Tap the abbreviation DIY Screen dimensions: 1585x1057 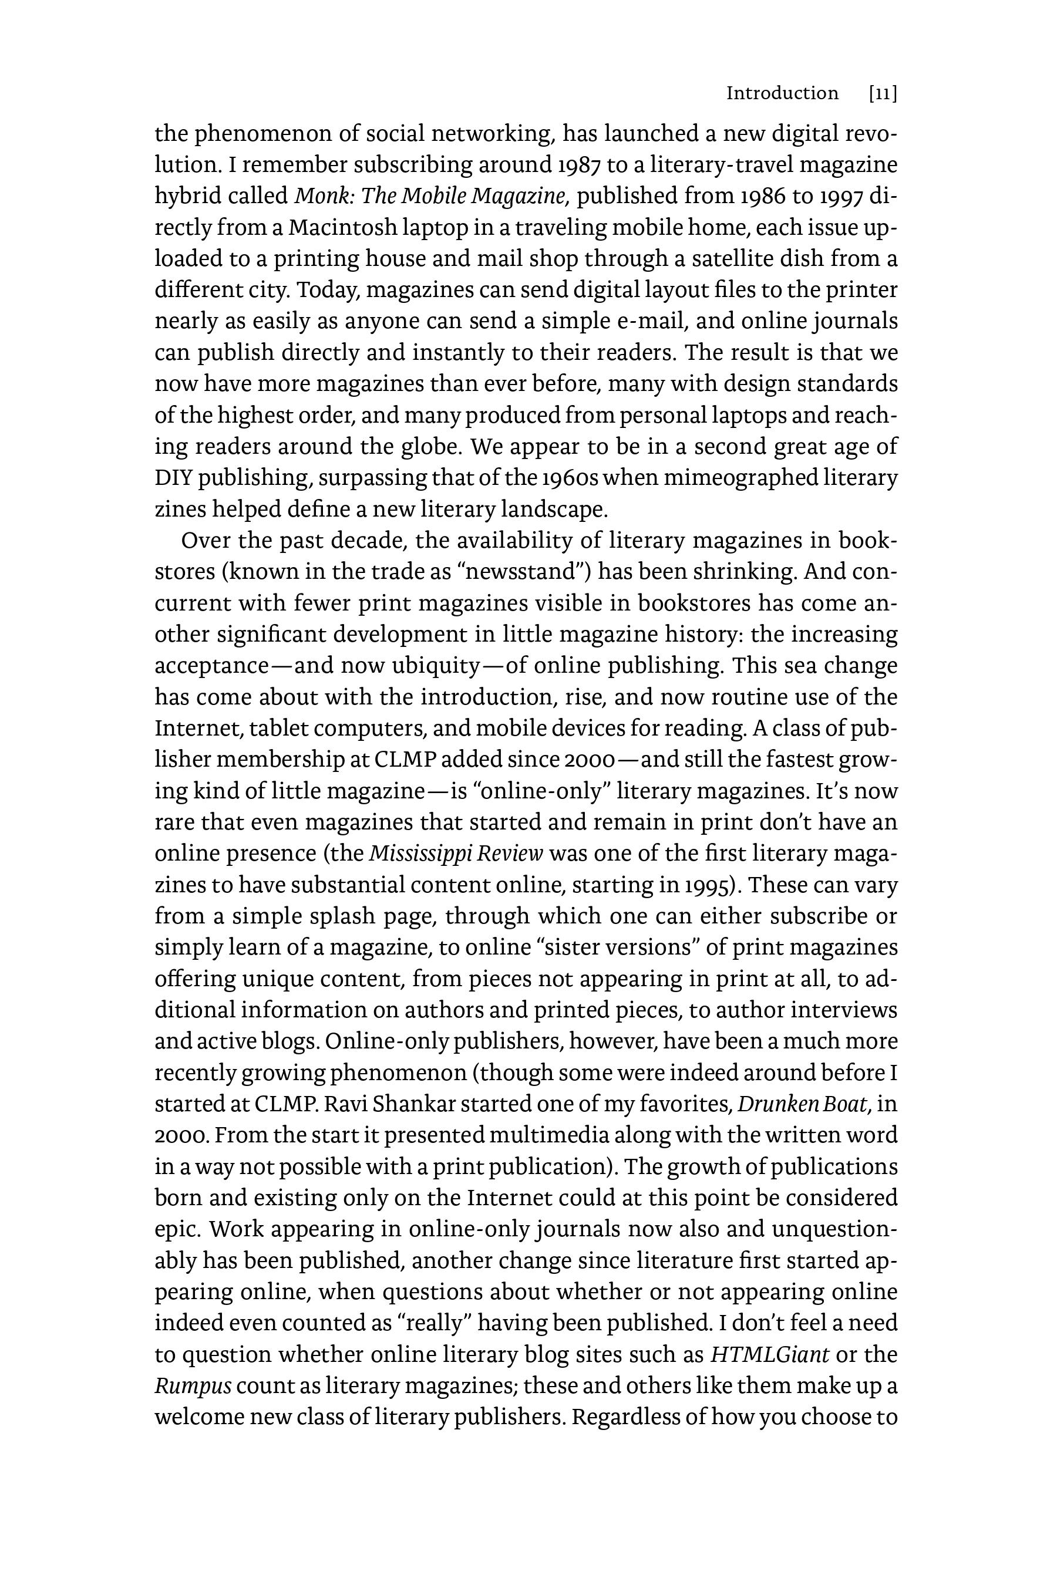[x=173, y=478]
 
